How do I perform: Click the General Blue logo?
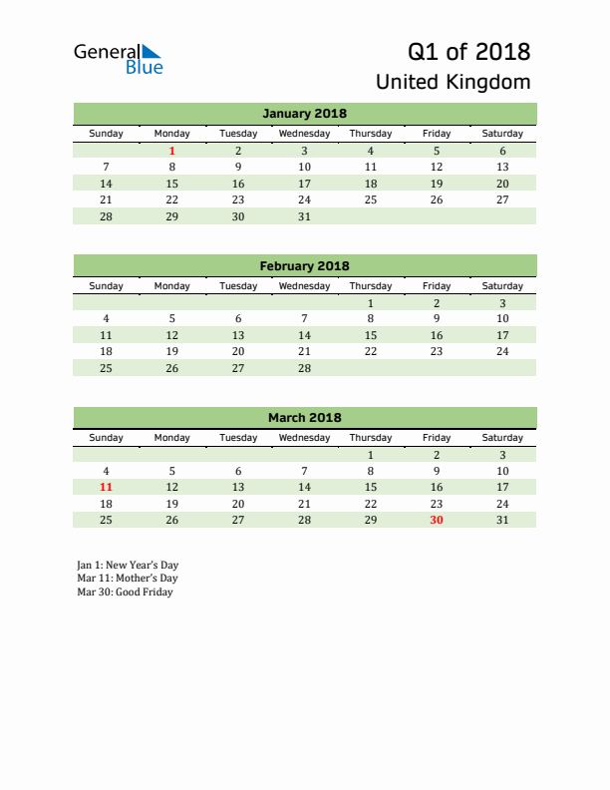pyautogui.click(x=118, y=59)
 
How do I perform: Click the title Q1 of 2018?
pyautogui.click(x=468, y=51)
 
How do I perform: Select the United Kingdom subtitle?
pyautogui.click(x=454, y=82)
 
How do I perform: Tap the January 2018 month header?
pyautogui.click(x=304, y=113)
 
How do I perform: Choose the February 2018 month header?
pyautogui.click(x=304, y=265)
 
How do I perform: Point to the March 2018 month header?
pyautogui.click(x=304, y=418)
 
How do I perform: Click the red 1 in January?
pyautogui.click(x=172, y=151)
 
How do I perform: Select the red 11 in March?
pyautogui.click(x=107, y=487)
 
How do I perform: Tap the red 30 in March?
pyautogui.click(x=437, y=520)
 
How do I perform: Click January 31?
pyautogui.click(x=304, y=216)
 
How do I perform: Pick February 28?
pyautogui.click(x=304, y=368)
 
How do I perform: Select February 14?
pyautogui.click(x=304, y=335)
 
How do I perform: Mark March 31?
pyautogui.click(x=502, y=520)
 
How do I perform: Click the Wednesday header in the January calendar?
pyautogui.click(x=304, y=134)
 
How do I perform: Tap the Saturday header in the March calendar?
pyautogui.click(x=502, y=438)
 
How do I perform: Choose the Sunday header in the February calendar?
pyautogui.click(x=107, y=286)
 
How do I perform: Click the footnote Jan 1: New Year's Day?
pyautogui.click(x=127, y=565)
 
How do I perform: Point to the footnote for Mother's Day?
pyautogui.click(x=127, y=579)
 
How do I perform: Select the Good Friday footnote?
pyautogui.click(x=125, y=592)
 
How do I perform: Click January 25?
pyautogui.click(x=371, y=199)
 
